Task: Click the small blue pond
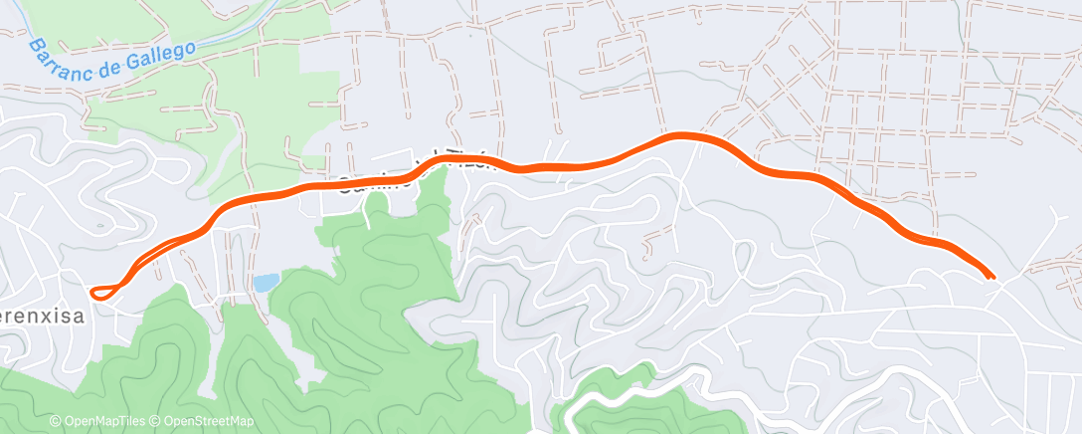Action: (264, 283)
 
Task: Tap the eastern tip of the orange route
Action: (992, 276)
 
